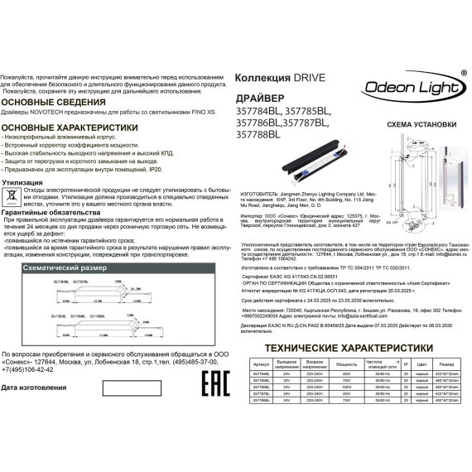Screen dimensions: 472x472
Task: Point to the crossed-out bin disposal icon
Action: click(x=12, y=195)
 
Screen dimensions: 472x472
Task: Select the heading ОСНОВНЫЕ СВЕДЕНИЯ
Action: click(x=50, y=102)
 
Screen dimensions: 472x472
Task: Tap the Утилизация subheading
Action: click(x=28, y=179)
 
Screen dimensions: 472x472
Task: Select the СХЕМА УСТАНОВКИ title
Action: click(x=421, y=124)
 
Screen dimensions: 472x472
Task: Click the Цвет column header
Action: click(x=421, y=364)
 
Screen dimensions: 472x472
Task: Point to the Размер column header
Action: click(x=446, y=364)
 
